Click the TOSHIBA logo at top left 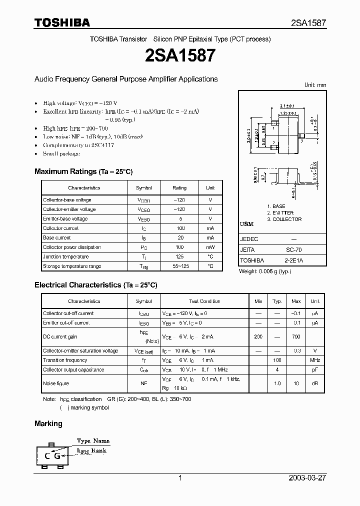pos(62,22)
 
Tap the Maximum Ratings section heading pos(83,171)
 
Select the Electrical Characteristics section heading pos(95,285)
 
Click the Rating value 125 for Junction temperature pos(179,257)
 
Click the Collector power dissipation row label pos(72,247)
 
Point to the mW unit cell pos(210,247)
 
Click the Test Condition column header pos(204,301)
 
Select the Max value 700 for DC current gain pos(296,337)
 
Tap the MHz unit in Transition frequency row pos(315,360)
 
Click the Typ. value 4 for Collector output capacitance pos(277,370)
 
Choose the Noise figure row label pos(56,383)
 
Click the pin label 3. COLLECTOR pos(284,219)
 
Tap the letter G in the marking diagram pos(57,455)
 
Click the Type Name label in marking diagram pos(93,441)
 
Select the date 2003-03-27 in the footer pos(307,478)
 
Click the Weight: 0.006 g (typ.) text pos(265,271)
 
